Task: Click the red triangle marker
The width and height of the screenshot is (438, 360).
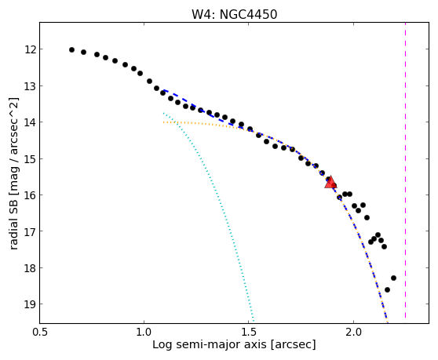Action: click(330, 183)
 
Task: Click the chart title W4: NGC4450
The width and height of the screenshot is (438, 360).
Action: click(234, 15)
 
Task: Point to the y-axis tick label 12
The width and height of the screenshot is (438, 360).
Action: click(30, 49)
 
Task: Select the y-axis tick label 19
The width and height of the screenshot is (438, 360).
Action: click(30, 304)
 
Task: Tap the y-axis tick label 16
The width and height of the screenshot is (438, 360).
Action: click(30, 195)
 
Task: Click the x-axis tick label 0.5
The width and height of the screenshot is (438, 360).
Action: click(40, 333)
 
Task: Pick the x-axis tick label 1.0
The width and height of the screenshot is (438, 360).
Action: click(144, 333)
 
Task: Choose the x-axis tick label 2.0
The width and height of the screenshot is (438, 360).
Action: click(353, 333)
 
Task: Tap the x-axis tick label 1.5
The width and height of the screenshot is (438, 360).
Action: click(248, 333)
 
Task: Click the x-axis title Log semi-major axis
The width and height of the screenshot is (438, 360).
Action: click(210, 344)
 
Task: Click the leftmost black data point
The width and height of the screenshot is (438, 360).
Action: click(71, 49)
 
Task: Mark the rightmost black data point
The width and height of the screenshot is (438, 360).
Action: click(393, 278)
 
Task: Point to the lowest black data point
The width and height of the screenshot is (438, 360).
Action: click(387, 289)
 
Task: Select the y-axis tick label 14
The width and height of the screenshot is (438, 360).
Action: click(30, 122)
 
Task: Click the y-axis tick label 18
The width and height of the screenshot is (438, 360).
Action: click(30, 268)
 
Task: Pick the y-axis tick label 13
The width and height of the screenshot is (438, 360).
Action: click(30, 86)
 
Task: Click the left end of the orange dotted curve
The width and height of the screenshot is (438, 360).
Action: click(164, 122)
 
